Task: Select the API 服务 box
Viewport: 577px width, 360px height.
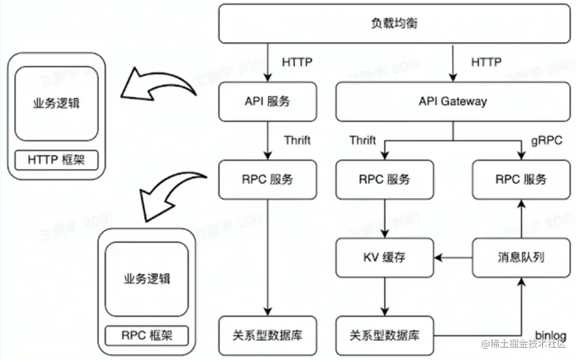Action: tap(268, 102)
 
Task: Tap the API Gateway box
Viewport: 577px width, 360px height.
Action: tap(452, 102)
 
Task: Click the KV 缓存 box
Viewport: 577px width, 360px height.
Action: tap(385, 258)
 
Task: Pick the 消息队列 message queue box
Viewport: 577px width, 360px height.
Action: tap(521, 258)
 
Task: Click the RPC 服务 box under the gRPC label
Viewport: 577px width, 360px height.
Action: tap(521, 179)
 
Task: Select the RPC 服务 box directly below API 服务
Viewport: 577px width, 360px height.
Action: tap(268, 179)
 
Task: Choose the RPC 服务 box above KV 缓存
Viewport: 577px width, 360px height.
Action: tap(385, 179)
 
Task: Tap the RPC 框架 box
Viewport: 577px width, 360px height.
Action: tap(147, 335)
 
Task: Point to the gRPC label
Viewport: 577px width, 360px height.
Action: tap(546, 141)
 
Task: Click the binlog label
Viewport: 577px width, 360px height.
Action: tap(551, 336)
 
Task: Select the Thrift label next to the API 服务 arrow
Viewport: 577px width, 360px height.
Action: tap(297, 140)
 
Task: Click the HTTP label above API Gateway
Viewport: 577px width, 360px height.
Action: tap(486, 62)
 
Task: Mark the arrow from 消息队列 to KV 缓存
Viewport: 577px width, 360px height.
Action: tap(452, 258)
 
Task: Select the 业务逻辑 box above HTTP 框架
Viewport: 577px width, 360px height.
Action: tap(57, 104)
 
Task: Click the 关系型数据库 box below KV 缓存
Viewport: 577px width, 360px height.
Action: tap(385, 336)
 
